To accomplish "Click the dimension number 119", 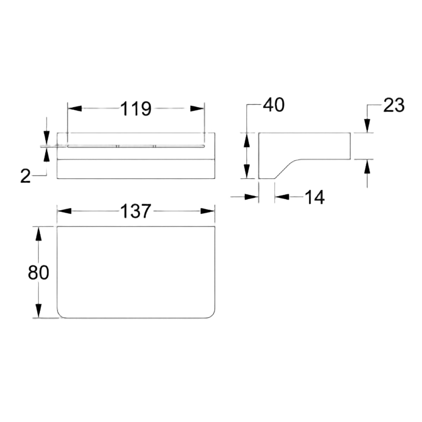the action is tap(136, 108).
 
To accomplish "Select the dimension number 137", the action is tap(136, 211).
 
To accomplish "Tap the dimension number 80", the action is tap(38, 272).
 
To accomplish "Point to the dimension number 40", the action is tap(274, 105).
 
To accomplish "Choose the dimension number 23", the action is tap(394, 105).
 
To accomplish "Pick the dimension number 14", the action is tap(314, 197).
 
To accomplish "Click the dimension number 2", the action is tap(25, 176).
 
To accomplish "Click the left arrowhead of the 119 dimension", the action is tap(75, 108).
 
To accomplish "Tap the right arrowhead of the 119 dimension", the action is tap(197, 108).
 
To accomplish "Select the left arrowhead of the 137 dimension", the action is tap(64, 211).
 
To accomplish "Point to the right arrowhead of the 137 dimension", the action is tap(207, 211).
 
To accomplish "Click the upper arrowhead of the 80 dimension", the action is tap(38, 234).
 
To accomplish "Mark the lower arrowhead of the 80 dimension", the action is tap(38, 311).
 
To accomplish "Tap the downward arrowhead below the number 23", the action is tap(367, 126).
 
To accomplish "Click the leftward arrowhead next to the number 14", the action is tap(282, 197).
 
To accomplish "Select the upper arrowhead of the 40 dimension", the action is tap(247, 140).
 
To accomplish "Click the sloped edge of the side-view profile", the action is tap(285, 169).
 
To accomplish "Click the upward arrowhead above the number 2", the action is tap(46, 155).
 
